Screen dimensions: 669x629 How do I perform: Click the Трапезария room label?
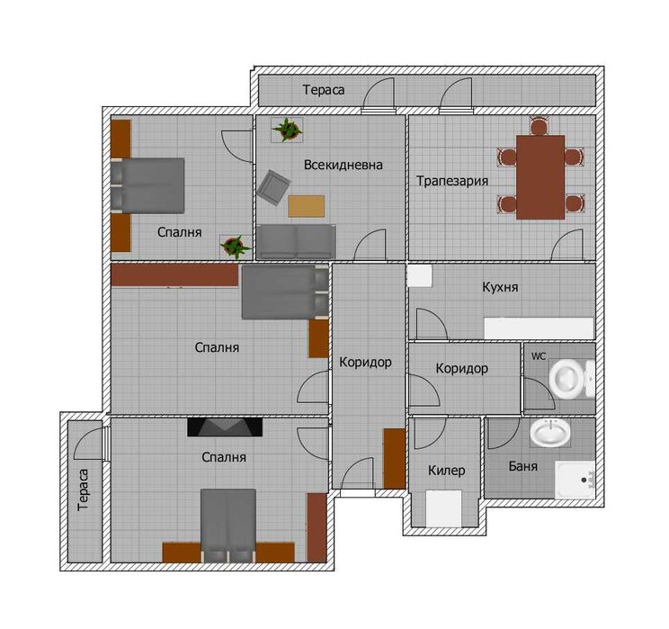click(452, 181)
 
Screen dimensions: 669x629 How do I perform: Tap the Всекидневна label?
click(343, 165)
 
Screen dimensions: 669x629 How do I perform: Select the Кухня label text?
click(500, 287)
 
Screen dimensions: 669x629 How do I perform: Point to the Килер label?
click(446, 471)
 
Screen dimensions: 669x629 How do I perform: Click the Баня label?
click(523, 466)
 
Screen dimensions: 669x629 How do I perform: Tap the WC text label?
click(539, 356)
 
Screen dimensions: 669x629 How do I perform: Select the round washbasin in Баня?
click(550, 432)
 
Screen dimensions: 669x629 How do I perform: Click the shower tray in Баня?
click(575, 480)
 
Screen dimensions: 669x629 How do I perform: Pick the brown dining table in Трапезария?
click(540, 177)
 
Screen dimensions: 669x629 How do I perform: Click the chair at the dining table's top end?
click(540, 126)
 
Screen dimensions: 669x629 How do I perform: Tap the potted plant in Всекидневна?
click(287, 130)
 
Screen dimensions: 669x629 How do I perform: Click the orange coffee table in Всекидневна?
click(306, 206)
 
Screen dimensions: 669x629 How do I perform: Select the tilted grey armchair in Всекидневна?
click(274, 187)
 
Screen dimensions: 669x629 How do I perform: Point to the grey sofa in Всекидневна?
click(296, 242)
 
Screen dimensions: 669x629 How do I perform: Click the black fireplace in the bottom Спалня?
click(225, 427)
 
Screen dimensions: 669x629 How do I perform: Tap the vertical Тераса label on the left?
click(84, 490)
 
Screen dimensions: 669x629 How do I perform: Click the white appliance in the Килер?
click(443, 508)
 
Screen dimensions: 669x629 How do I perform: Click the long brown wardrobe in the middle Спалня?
click(174, 274)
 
